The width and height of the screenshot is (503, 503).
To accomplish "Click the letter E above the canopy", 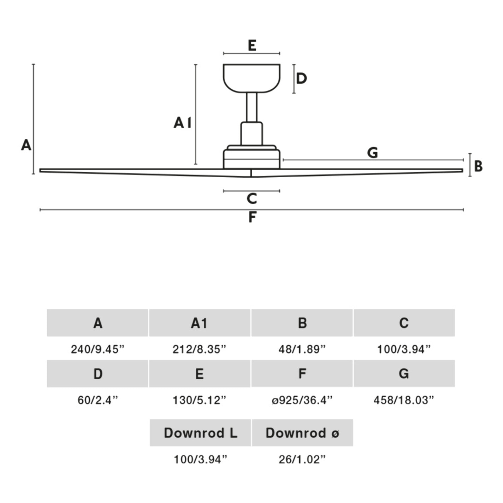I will tap(252, 46).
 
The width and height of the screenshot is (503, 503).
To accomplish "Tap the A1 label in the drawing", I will tap(182, 123).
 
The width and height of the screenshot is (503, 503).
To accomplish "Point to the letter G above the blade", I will tap(373, 153).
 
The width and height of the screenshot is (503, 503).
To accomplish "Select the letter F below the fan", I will tap(252, 217).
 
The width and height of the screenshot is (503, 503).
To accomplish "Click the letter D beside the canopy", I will tap(301, 78).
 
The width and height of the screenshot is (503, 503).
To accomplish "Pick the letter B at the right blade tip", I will tap(478, 166).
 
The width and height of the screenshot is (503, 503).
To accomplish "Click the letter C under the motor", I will tap(252, 199).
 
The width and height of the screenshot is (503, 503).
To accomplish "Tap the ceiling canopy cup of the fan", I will tap(251, 77).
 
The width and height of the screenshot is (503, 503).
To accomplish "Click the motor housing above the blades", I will tap(251, 158).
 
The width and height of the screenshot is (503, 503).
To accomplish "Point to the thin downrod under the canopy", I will tap(251, 107).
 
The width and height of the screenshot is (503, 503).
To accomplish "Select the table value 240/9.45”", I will tap(97, 349).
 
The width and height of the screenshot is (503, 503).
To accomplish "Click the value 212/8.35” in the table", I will tap(199, 349).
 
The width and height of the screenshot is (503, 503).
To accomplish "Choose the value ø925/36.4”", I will tap(302, 400).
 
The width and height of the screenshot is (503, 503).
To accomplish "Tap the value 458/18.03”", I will tap(404, 400).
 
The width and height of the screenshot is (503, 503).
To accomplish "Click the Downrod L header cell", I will tap(200, 433).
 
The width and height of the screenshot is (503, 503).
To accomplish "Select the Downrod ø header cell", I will tap(302, 433).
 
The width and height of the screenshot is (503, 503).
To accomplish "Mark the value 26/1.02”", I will tap(302, 460).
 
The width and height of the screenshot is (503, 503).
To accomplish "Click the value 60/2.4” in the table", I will tap(97, 400).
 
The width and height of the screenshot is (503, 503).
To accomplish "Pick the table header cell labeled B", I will tap(302, 323).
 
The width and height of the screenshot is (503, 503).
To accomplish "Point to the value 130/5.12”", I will tap(199, 400).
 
